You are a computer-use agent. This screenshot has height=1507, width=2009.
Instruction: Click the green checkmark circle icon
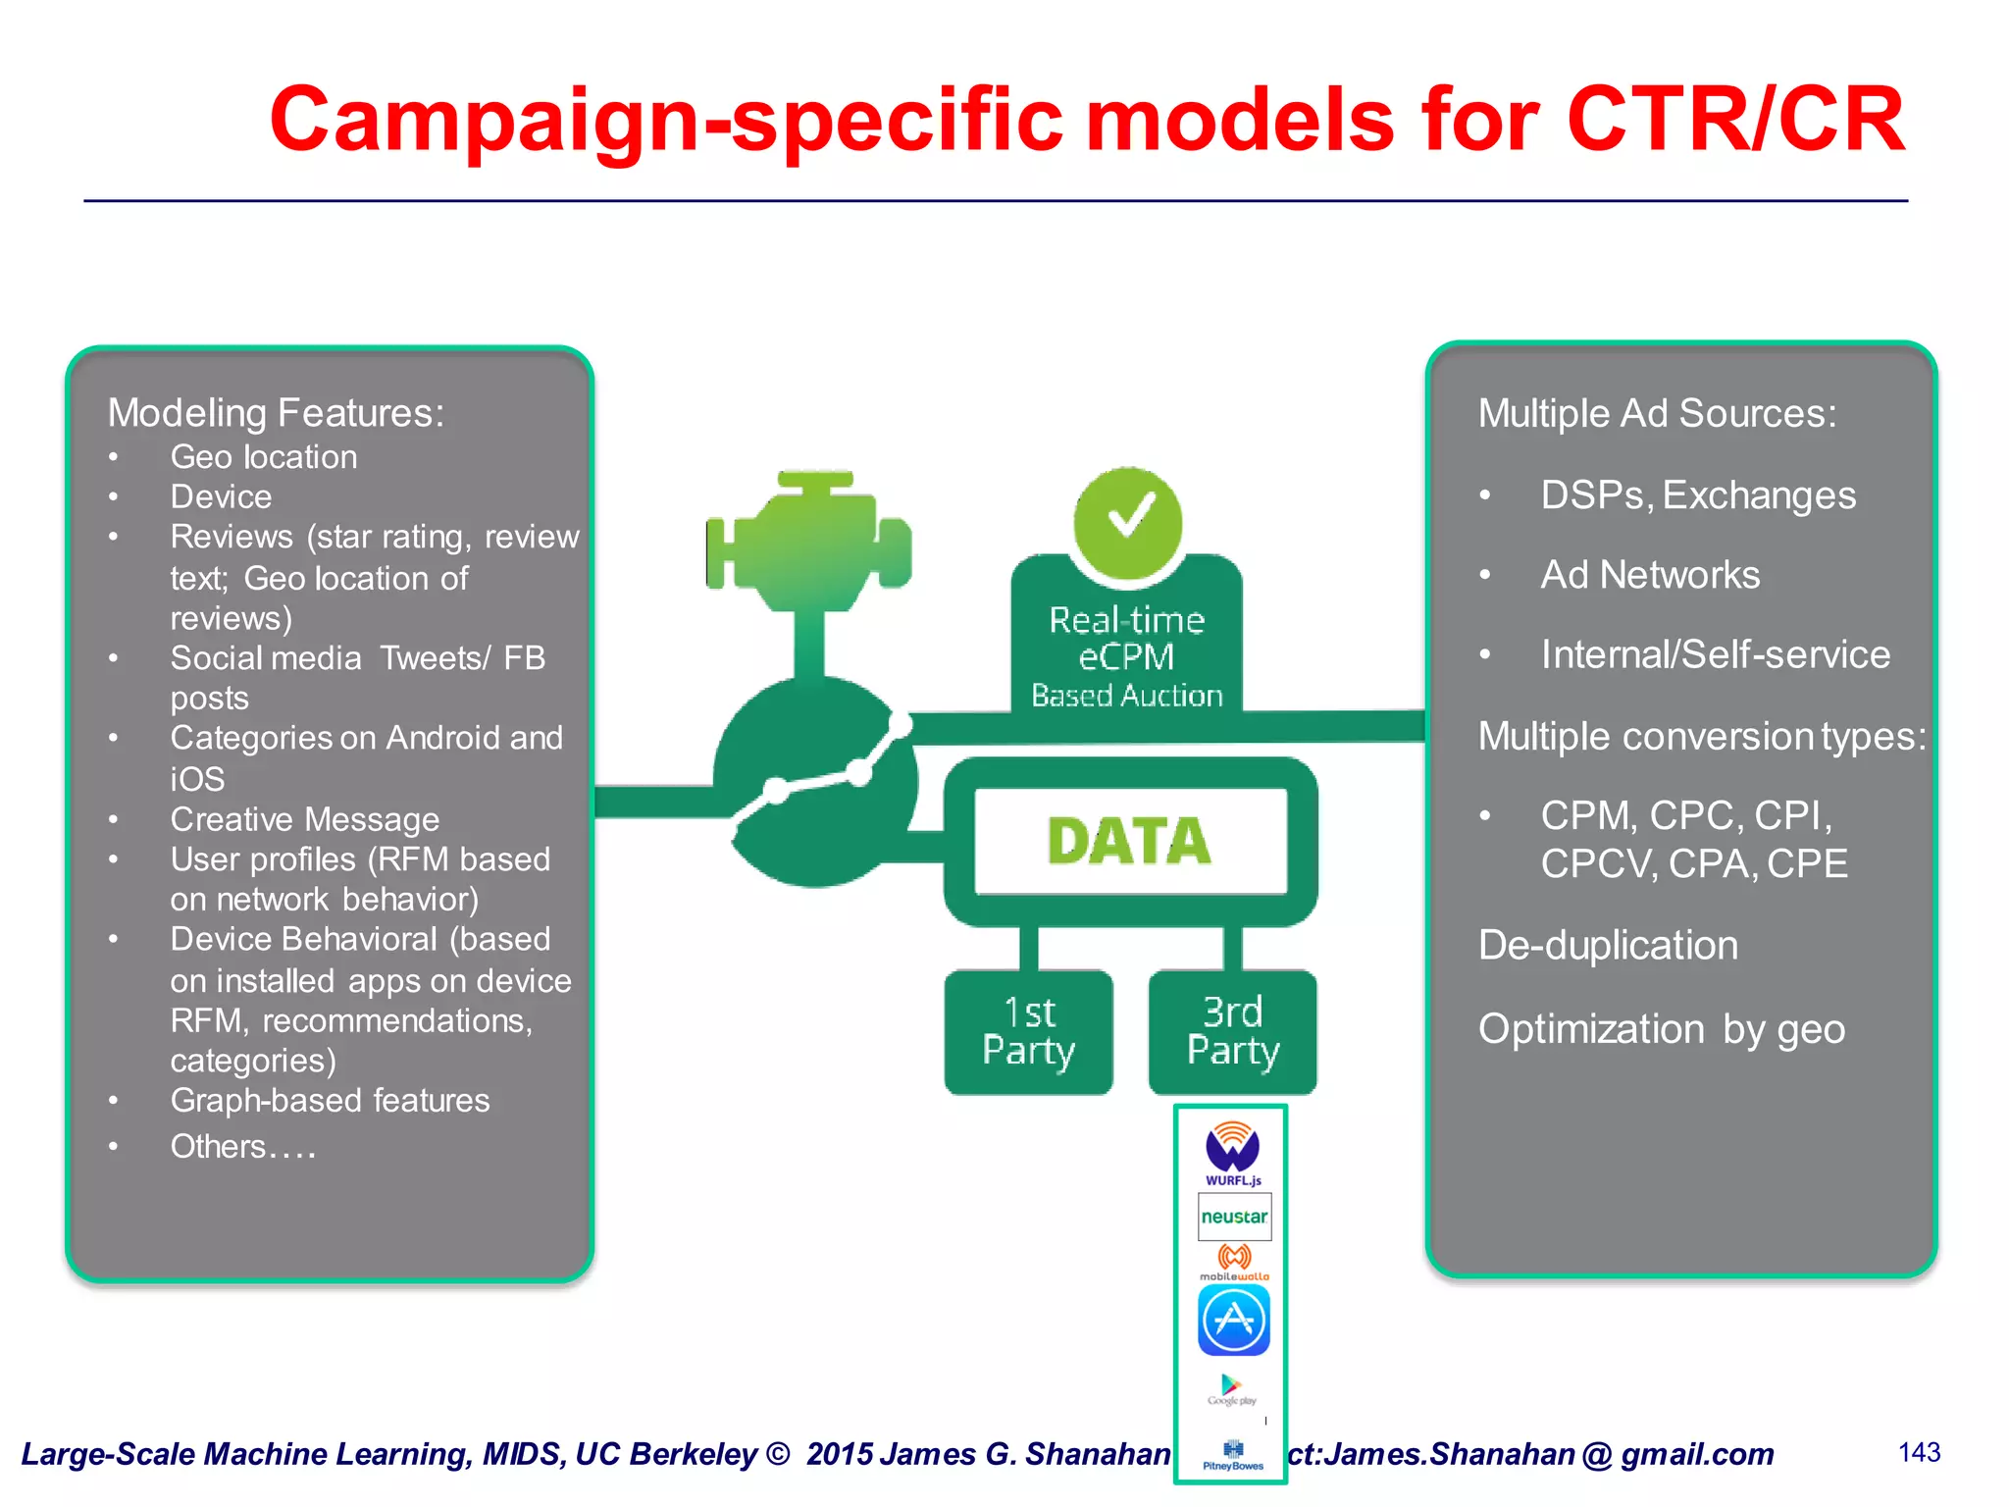pos(1128,522)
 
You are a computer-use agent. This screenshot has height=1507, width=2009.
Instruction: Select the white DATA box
pos(1130,841)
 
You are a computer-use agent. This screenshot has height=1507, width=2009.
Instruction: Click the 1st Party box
pos(1028,1031)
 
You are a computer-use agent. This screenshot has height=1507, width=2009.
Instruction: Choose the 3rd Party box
pos(1233,1031)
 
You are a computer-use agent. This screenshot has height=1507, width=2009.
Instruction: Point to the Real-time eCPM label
pos(1127,638)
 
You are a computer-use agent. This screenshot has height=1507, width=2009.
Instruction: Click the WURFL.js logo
pos(1233,1153)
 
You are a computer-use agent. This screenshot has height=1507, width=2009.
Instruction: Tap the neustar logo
pos(1234,1217)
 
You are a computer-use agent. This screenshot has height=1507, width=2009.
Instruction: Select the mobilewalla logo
pos(1234,1262)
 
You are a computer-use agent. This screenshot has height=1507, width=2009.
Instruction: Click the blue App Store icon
pos(1234,1321)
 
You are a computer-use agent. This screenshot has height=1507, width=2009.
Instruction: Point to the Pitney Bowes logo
pos(1233,1455)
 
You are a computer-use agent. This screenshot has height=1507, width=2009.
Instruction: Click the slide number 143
pos(1919,1452)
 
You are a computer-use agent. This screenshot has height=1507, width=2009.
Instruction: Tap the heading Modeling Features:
pos(276,413)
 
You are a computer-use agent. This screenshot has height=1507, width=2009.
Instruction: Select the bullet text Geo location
pos(264,457)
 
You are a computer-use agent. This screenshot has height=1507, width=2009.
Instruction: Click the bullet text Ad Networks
pos(1650,575)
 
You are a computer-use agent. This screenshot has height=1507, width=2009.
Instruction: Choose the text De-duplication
pos(1608,946)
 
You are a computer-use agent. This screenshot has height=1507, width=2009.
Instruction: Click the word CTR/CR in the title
pos(1735,120)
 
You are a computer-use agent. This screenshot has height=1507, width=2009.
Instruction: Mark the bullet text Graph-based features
pos(330,1101)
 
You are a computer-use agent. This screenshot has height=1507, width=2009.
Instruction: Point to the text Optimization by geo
pos(1661,1029)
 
